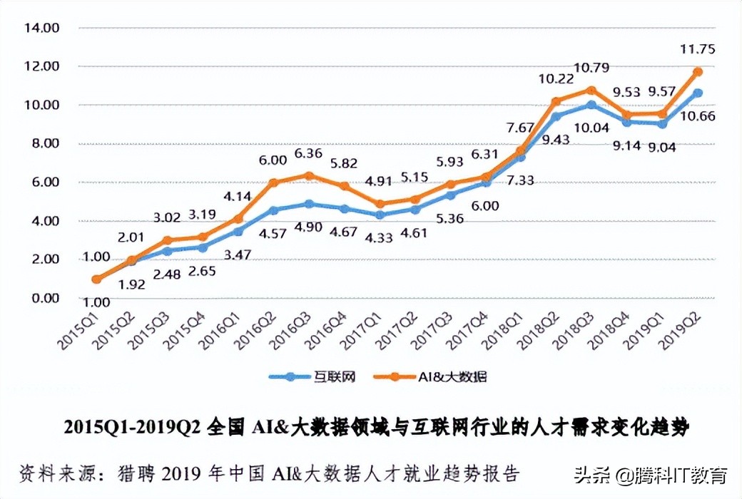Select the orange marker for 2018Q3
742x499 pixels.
click(x=591, y=90)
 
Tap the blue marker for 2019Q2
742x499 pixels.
click(x=698, y=93)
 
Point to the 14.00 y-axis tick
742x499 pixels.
click(x=41, y=28)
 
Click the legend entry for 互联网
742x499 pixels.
click(x=309, y=376)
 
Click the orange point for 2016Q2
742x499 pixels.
click(x=273, y=182)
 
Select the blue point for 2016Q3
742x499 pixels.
click(x=308, y=204)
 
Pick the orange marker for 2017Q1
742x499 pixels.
click(x=380, y=204)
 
